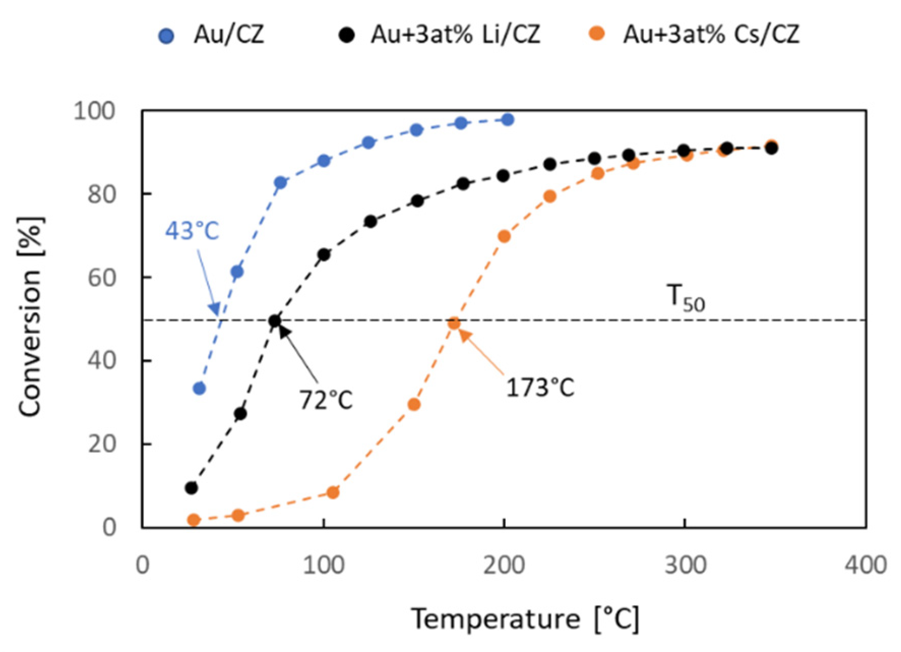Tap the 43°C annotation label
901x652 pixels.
pyautogui.click(x=192, y=231)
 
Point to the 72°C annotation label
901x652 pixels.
pyautogui.click(x=326, y=400)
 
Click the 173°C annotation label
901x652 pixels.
pyautogui.click(x=540, y=388)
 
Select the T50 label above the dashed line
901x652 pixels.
pyautogui.click(x=686, y=298)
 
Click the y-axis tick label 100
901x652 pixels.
pyautogui.click(x=95, y=111)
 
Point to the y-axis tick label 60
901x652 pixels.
pyautogui.click(x=101, y=277)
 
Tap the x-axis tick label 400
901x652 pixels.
pyautogui.click(x=866, y=565)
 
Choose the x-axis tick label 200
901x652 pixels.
pyautogui.click(x=504, y=565)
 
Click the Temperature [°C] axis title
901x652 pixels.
pyautogui.click(x=525, y=619)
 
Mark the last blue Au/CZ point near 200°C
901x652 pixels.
pyautogui.click(x=507, y=120)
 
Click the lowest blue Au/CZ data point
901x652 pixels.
pyautogui.click(x=199, y=389)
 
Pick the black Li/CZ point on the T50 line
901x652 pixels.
pyautogui.click(x=275, y=321)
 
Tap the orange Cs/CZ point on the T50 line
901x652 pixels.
pyautogui.click(x=454, y=323)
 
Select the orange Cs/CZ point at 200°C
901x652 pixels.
pyautogui.click(x=504, y=236)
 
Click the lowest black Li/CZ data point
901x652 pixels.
pyautogui.click(x=192, y=488)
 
